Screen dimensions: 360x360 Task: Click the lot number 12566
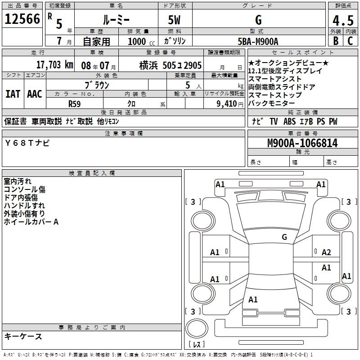(22, 20)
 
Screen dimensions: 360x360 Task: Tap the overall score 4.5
(342, 21)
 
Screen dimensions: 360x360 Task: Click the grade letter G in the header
(258, 20)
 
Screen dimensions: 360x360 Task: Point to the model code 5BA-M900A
(258, 41)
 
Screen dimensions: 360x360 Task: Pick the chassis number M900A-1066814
(302, 143)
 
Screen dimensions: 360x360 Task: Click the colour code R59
(75, 103)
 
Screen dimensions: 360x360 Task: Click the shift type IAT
(13, 94)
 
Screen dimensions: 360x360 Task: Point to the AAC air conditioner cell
(34, 94)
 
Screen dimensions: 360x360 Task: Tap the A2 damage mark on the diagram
(326, 252)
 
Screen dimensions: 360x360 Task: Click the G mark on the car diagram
(284, 237)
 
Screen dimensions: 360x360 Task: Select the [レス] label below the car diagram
(197, 345)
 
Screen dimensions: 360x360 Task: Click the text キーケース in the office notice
(23, 337)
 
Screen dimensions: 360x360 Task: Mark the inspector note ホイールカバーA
(31, 222)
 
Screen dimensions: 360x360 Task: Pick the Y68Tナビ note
(28, 143)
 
